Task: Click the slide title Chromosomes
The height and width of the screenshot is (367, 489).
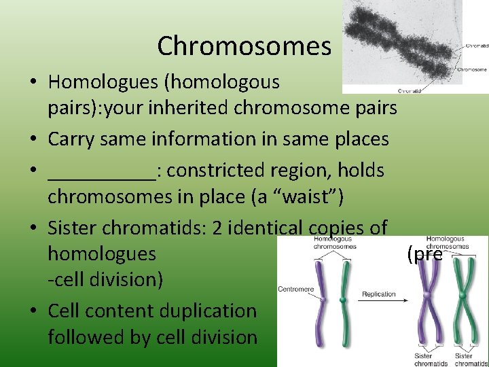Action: click(x=244, y=46)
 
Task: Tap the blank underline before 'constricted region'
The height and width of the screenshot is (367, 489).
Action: click(x=102, y=171)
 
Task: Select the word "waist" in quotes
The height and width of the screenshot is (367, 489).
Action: click(x=314, y=197)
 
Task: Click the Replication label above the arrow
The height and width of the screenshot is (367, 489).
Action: click(x=378, y=294)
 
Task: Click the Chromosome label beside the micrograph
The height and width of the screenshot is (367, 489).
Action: click(x=471, y=69)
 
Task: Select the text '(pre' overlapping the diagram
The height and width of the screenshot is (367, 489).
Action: click(x=424, y=255)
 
